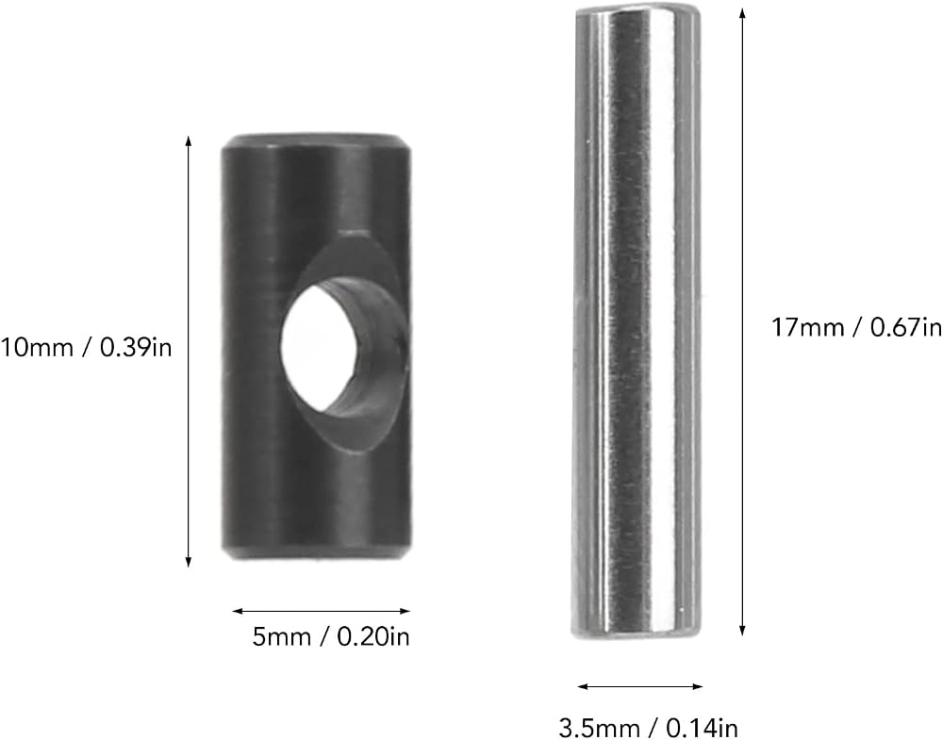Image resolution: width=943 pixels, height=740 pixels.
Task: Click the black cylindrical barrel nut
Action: (317, 347)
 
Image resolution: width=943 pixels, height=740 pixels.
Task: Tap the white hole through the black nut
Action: (319, 348)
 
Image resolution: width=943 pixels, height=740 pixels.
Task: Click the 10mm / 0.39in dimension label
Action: (86, 348)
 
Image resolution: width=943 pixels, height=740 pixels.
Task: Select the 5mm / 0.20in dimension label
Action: (331, 636)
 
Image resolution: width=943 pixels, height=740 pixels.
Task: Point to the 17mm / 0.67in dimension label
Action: (857, 328)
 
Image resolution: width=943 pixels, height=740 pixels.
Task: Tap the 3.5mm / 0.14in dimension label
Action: (649, 728)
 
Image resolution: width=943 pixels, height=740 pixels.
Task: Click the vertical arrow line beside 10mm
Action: (189, 352)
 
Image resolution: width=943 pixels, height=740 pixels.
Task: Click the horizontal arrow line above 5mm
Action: (322, 612)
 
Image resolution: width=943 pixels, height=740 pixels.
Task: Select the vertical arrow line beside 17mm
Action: (742, 321)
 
